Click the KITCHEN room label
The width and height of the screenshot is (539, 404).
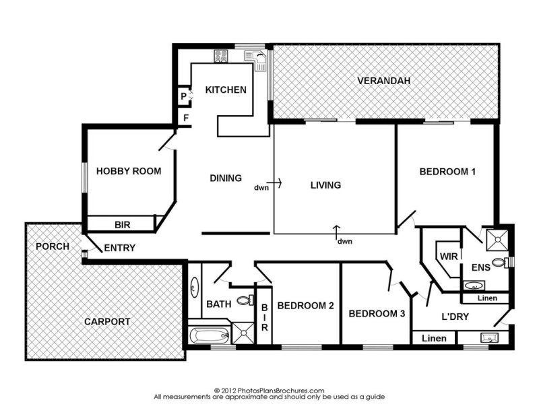(x=226, y=90)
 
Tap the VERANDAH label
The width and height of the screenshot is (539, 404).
(x=383, y=81)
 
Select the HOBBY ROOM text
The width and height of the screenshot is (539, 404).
(x=129, y=171)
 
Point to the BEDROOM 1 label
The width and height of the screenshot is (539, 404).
(x=447, y=172)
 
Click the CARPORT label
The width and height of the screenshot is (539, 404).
(x=107, y=322)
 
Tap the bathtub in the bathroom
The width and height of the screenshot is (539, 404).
(x=210, y=334)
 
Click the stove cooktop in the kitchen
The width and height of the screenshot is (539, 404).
(x=221, y=57)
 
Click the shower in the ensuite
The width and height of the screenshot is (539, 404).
(x=497, y=240)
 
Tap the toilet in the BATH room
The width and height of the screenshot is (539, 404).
(x=245, y=300)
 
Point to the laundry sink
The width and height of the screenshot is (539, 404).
(x=490, y=338)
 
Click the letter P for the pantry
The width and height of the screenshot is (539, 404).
(x=183, y=96)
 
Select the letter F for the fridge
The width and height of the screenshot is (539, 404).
(x=186, y=119)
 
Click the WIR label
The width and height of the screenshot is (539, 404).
(x=449, y=257)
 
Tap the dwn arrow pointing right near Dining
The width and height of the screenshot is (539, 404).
(x=274, y=183)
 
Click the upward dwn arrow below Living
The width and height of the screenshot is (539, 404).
(x=337, y=232)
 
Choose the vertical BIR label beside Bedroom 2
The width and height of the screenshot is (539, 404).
(x=264, y=317)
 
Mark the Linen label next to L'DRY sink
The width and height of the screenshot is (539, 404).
(x=434, y=339)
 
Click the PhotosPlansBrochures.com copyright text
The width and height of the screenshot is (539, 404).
(x=269, y=391)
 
